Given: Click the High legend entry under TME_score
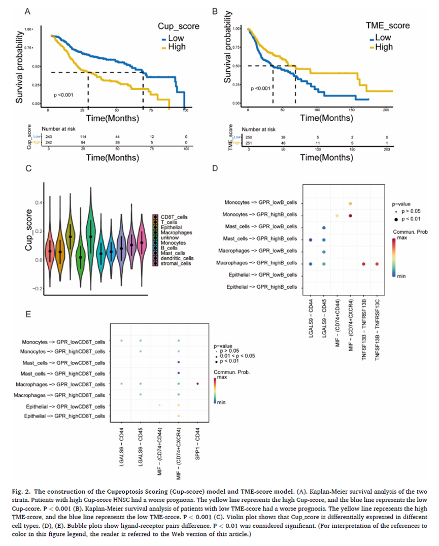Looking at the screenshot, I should coord(384,47).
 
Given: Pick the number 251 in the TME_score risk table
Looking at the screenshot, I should coord(248,143).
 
